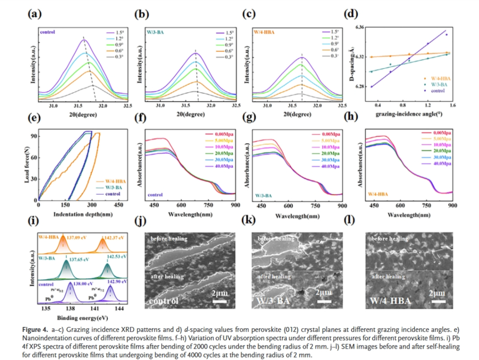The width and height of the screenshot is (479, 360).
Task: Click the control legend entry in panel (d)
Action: [443, 90]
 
